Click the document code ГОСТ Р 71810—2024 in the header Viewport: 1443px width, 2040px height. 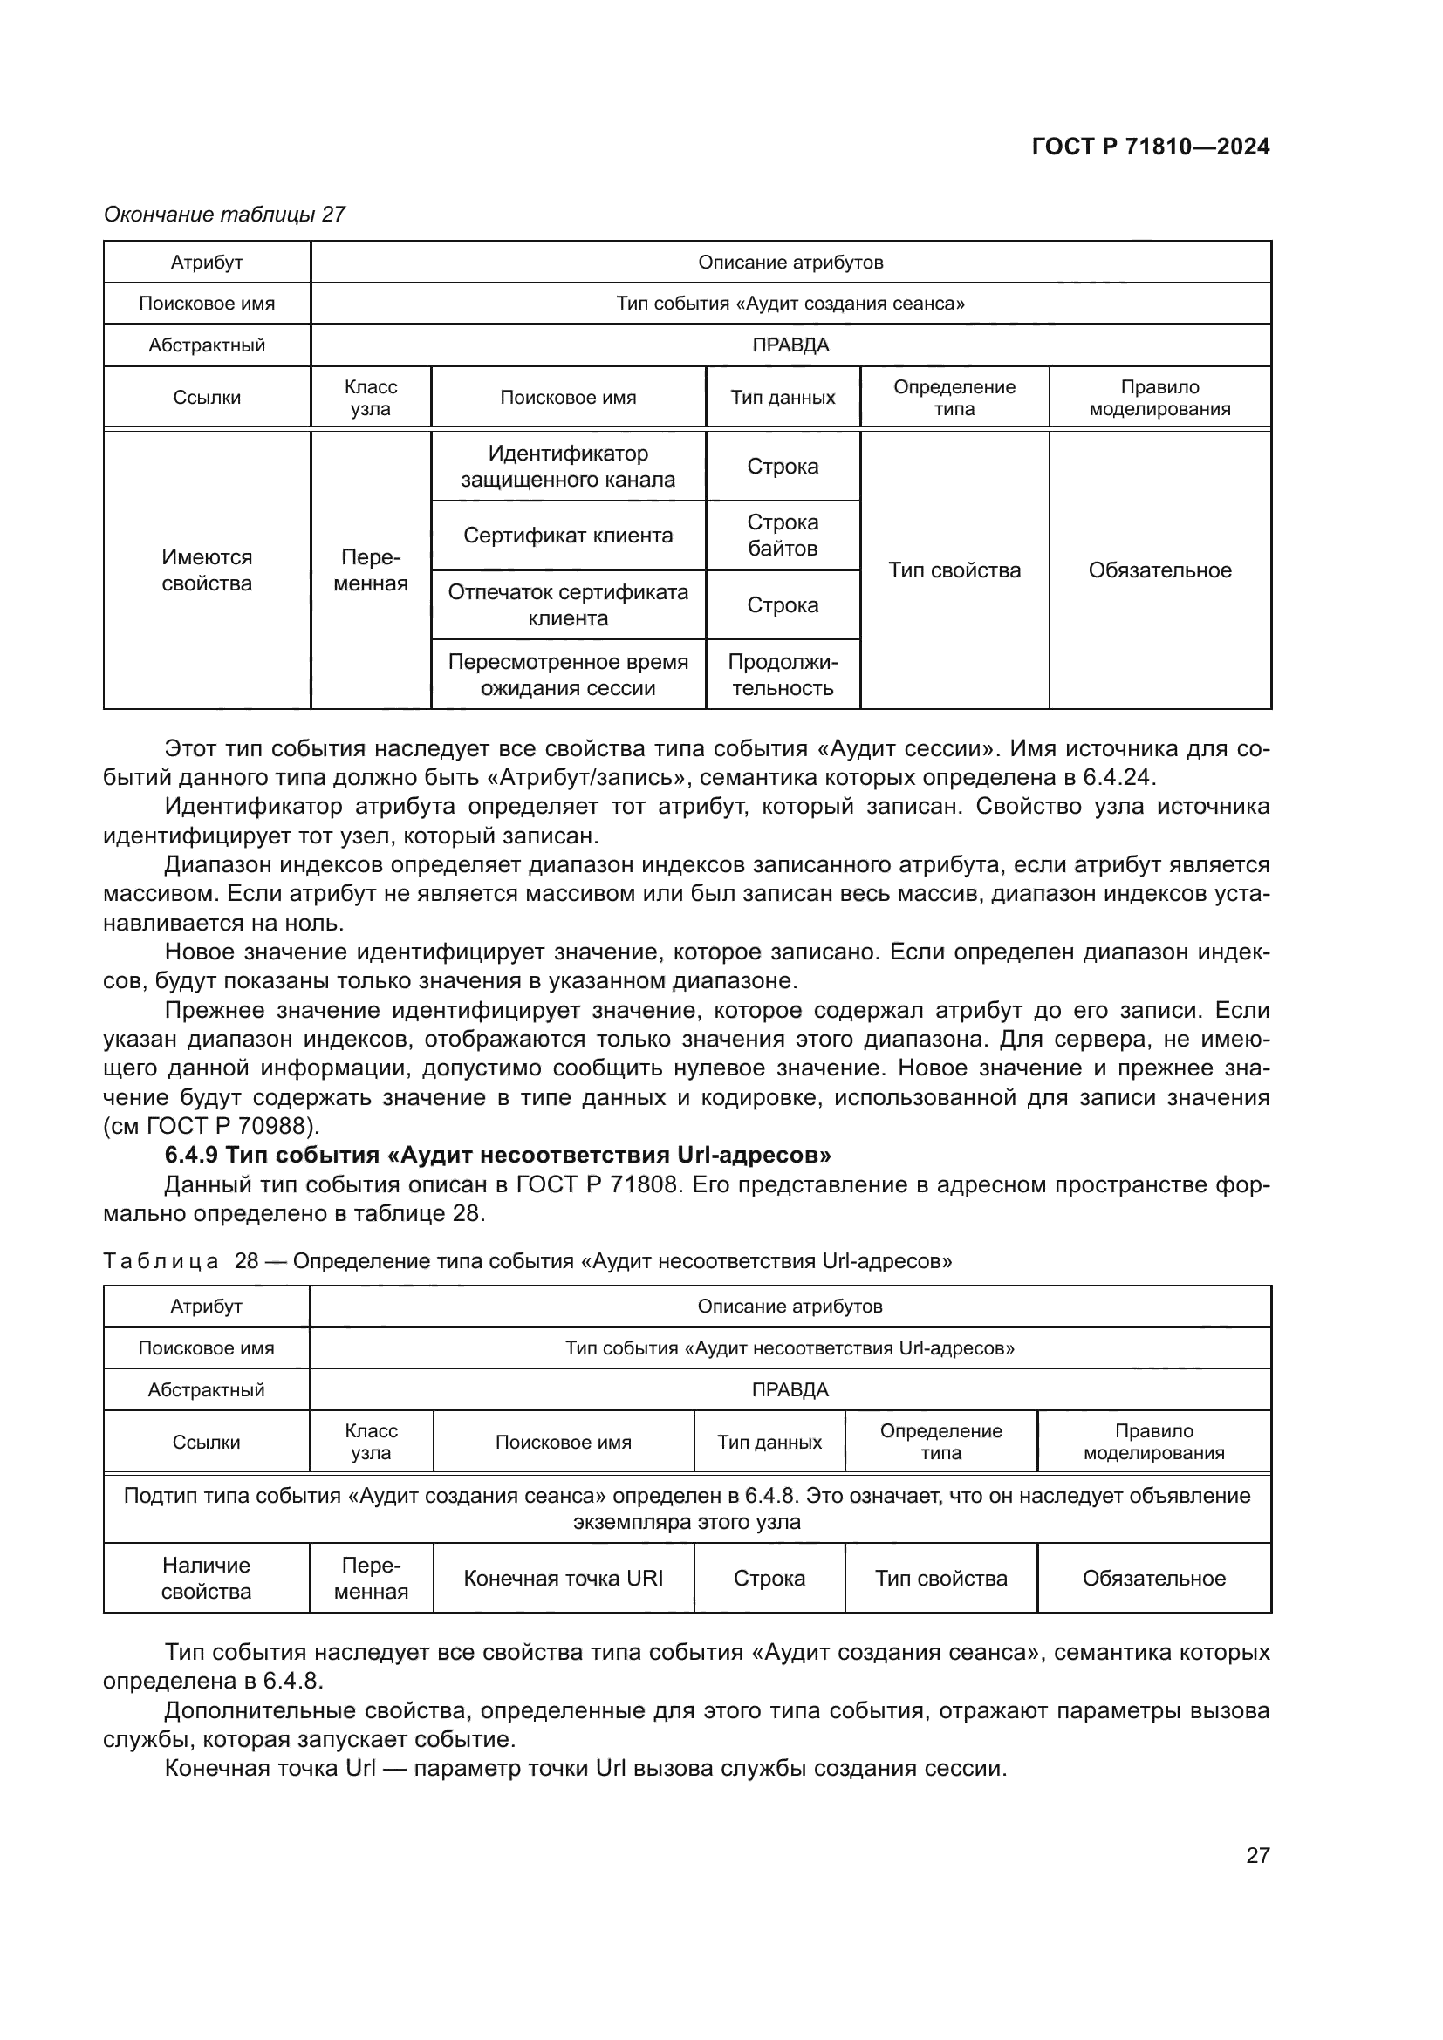pos(1151,147)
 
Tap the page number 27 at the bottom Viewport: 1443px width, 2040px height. pos(1257,1855)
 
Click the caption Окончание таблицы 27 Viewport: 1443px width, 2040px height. pos(224,215)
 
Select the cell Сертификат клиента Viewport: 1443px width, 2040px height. pos(568,536)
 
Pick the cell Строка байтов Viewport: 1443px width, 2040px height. pos(782,535)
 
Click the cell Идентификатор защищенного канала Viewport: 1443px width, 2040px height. pos(568,467)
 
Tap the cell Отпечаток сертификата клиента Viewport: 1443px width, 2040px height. pos(568,605)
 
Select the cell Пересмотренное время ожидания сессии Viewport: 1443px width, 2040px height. pos(568,674)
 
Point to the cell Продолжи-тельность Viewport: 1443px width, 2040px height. pos(782,674)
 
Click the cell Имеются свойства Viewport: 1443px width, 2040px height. pos(206,570)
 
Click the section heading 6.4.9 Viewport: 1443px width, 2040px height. pos(497,1155)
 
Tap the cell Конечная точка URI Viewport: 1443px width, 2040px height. pos(564,1578)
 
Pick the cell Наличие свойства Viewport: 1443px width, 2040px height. pos(206,1578)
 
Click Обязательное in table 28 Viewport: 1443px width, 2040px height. pos(1153,1578)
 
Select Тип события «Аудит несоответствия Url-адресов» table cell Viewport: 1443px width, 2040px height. pos(789,1347)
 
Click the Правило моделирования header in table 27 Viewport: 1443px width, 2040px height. pos(1159,398)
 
